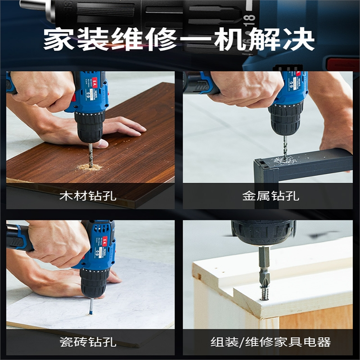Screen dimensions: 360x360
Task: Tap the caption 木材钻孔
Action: pos(88,196)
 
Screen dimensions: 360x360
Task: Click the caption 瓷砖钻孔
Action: pos(88,342)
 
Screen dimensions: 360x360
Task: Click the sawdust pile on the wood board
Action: pos(90,167)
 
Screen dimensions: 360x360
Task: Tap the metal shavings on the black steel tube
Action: pos(283,160)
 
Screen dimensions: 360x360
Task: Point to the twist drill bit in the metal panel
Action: pos(284,146)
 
